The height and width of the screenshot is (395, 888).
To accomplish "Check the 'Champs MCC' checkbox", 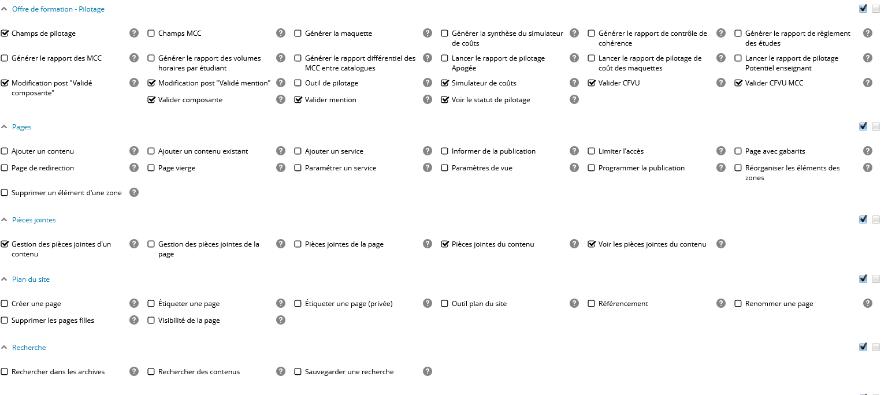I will (x=151, y=33).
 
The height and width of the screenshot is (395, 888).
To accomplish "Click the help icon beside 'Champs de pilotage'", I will (x=134, y=33).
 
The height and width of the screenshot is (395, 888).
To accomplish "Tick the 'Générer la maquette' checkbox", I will (x=298, y=33).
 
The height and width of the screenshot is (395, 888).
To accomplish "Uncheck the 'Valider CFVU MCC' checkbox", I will (x=738, y=83).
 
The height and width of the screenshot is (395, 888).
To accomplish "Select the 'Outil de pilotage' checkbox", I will (x=298, y=83).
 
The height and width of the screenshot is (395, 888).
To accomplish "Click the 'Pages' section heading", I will (x=21, y=127).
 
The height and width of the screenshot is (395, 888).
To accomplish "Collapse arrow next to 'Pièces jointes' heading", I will (x=5, y=220).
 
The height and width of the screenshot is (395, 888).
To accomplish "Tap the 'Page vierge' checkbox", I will (x=151, y=168).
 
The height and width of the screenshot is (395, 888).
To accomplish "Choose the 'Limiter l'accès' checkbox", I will (x=592, y=151).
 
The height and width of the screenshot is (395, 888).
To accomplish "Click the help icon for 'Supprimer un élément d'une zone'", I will (x=134, y=192).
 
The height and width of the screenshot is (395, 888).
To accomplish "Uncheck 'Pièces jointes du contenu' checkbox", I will (x=445, y=244).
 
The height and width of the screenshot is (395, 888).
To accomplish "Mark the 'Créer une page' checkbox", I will (x=5, y=304).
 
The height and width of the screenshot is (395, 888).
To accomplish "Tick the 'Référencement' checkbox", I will (x=592, y=304).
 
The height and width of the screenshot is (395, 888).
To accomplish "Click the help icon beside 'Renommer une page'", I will (x=868, y=303).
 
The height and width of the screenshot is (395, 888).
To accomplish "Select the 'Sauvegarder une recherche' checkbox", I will (x=298, y=372).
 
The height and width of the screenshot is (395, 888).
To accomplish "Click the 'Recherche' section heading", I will (x=29, y=348).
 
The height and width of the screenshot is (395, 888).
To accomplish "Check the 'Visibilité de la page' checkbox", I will (x=151, y=321).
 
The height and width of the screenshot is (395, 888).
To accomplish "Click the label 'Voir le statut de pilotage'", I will (x=491, y=100).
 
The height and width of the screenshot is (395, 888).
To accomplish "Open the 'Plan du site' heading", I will (x=31, y=280).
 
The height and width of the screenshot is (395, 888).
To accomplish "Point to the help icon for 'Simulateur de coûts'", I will (x=574, y=83).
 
